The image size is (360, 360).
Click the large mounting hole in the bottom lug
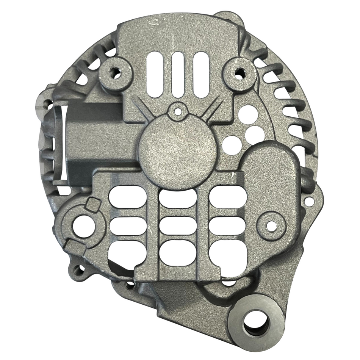tap(256, 325)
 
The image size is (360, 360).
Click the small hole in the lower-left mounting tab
tap(78, 270)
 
